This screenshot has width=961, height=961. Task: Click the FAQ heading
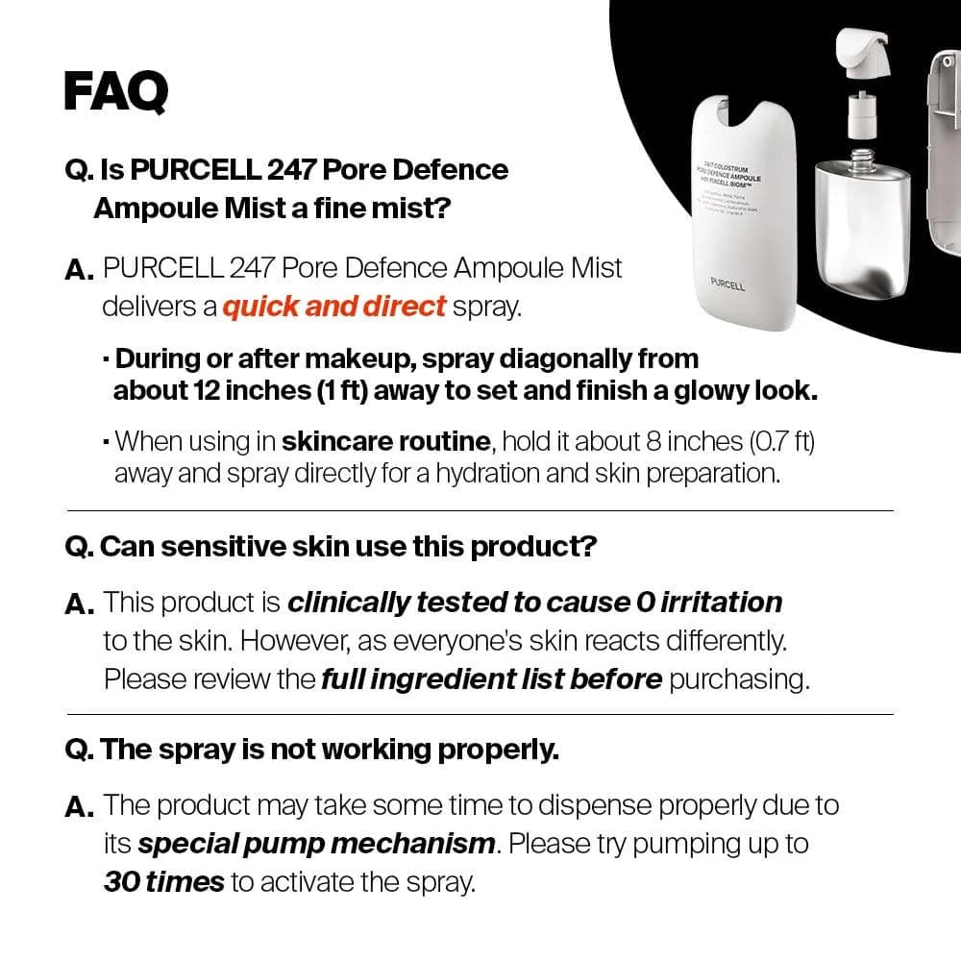115,91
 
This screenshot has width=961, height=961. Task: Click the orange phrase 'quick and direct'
333,307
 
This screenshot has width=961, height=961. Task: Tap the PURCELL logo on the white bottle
727,284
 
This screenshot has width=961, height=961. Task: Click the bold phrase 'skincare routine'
385,442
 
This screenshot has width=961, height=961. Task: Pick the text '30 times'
163,882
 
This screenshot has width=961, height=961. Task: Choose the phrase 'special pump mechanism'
317,844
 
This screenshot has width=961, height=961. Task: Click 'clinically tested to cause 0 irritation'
535,603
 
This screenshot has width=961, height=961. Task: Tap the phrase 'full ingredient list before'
491,679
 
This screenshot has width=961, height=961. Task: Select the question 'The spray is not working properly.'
312,750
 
